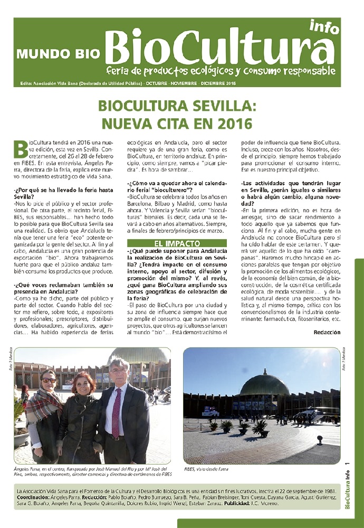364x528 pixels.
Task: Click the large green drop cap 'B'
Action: click(x=21, y=149)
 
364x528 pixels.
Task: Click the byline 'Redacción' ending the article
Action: click(x=327, y=333)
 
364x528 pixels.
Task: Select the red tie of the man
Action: click(x=116, y=412)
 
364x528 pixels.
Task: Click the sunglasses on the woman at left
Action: click(x=48, y=380)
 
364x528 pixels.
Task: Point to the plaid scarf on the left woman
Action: click(x=42, y=404)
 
